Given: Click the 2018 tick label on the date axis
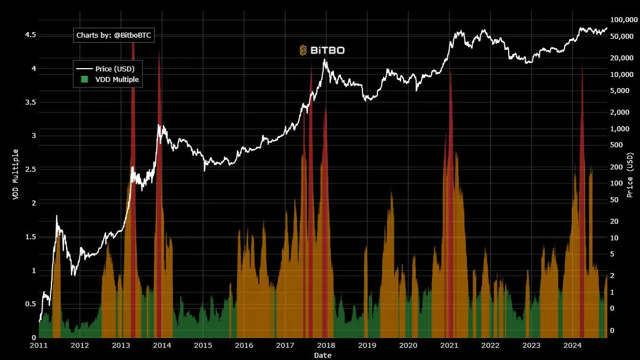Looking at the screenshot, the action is coord(326,346).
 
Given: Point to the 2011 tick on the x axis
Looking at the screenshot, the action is coord(39,346).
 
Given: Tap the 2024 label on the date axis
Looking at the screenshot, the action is coord(572,346).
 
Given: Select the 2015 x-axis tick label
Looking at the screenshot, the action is coord(203,346).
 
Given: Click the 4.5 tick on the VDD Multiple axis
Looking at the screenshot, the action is coord(30,35).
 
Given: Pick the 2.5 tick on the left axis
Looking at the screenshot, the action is coord(30,169).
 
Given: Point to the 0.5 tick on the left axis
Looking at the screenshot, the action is coord(30,304).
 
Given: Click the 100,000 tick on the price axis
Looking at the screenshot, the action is coord(624,19).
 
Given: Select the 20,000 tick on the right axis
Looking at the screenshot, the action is coord(622,58).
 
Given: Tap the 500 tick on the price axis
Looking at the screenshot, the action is coord(616,145).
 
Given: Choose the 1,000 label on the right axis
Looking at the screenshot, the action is coord(619,128).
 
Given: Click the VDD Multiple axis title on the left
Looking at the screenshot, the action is coord(16,174).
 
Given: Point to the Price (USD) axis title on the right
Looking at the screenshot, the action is coord(630,175).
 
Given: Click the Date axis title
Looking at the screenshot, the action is coord(322,355).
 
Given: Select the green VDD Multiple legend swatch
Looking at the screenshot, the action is coord(84,79).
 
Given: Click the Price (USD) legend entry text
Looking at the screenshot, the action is coord(115,69).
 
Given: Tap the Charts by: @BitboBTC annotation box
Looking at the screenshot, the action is coord(114,35).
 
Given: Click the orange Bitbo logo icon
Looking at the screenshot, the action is coord(303,50).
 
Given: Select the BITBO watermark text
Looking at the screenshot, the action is coord(327,50).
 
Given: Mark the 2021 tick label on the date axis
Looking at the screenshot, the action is coord(449,346).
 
